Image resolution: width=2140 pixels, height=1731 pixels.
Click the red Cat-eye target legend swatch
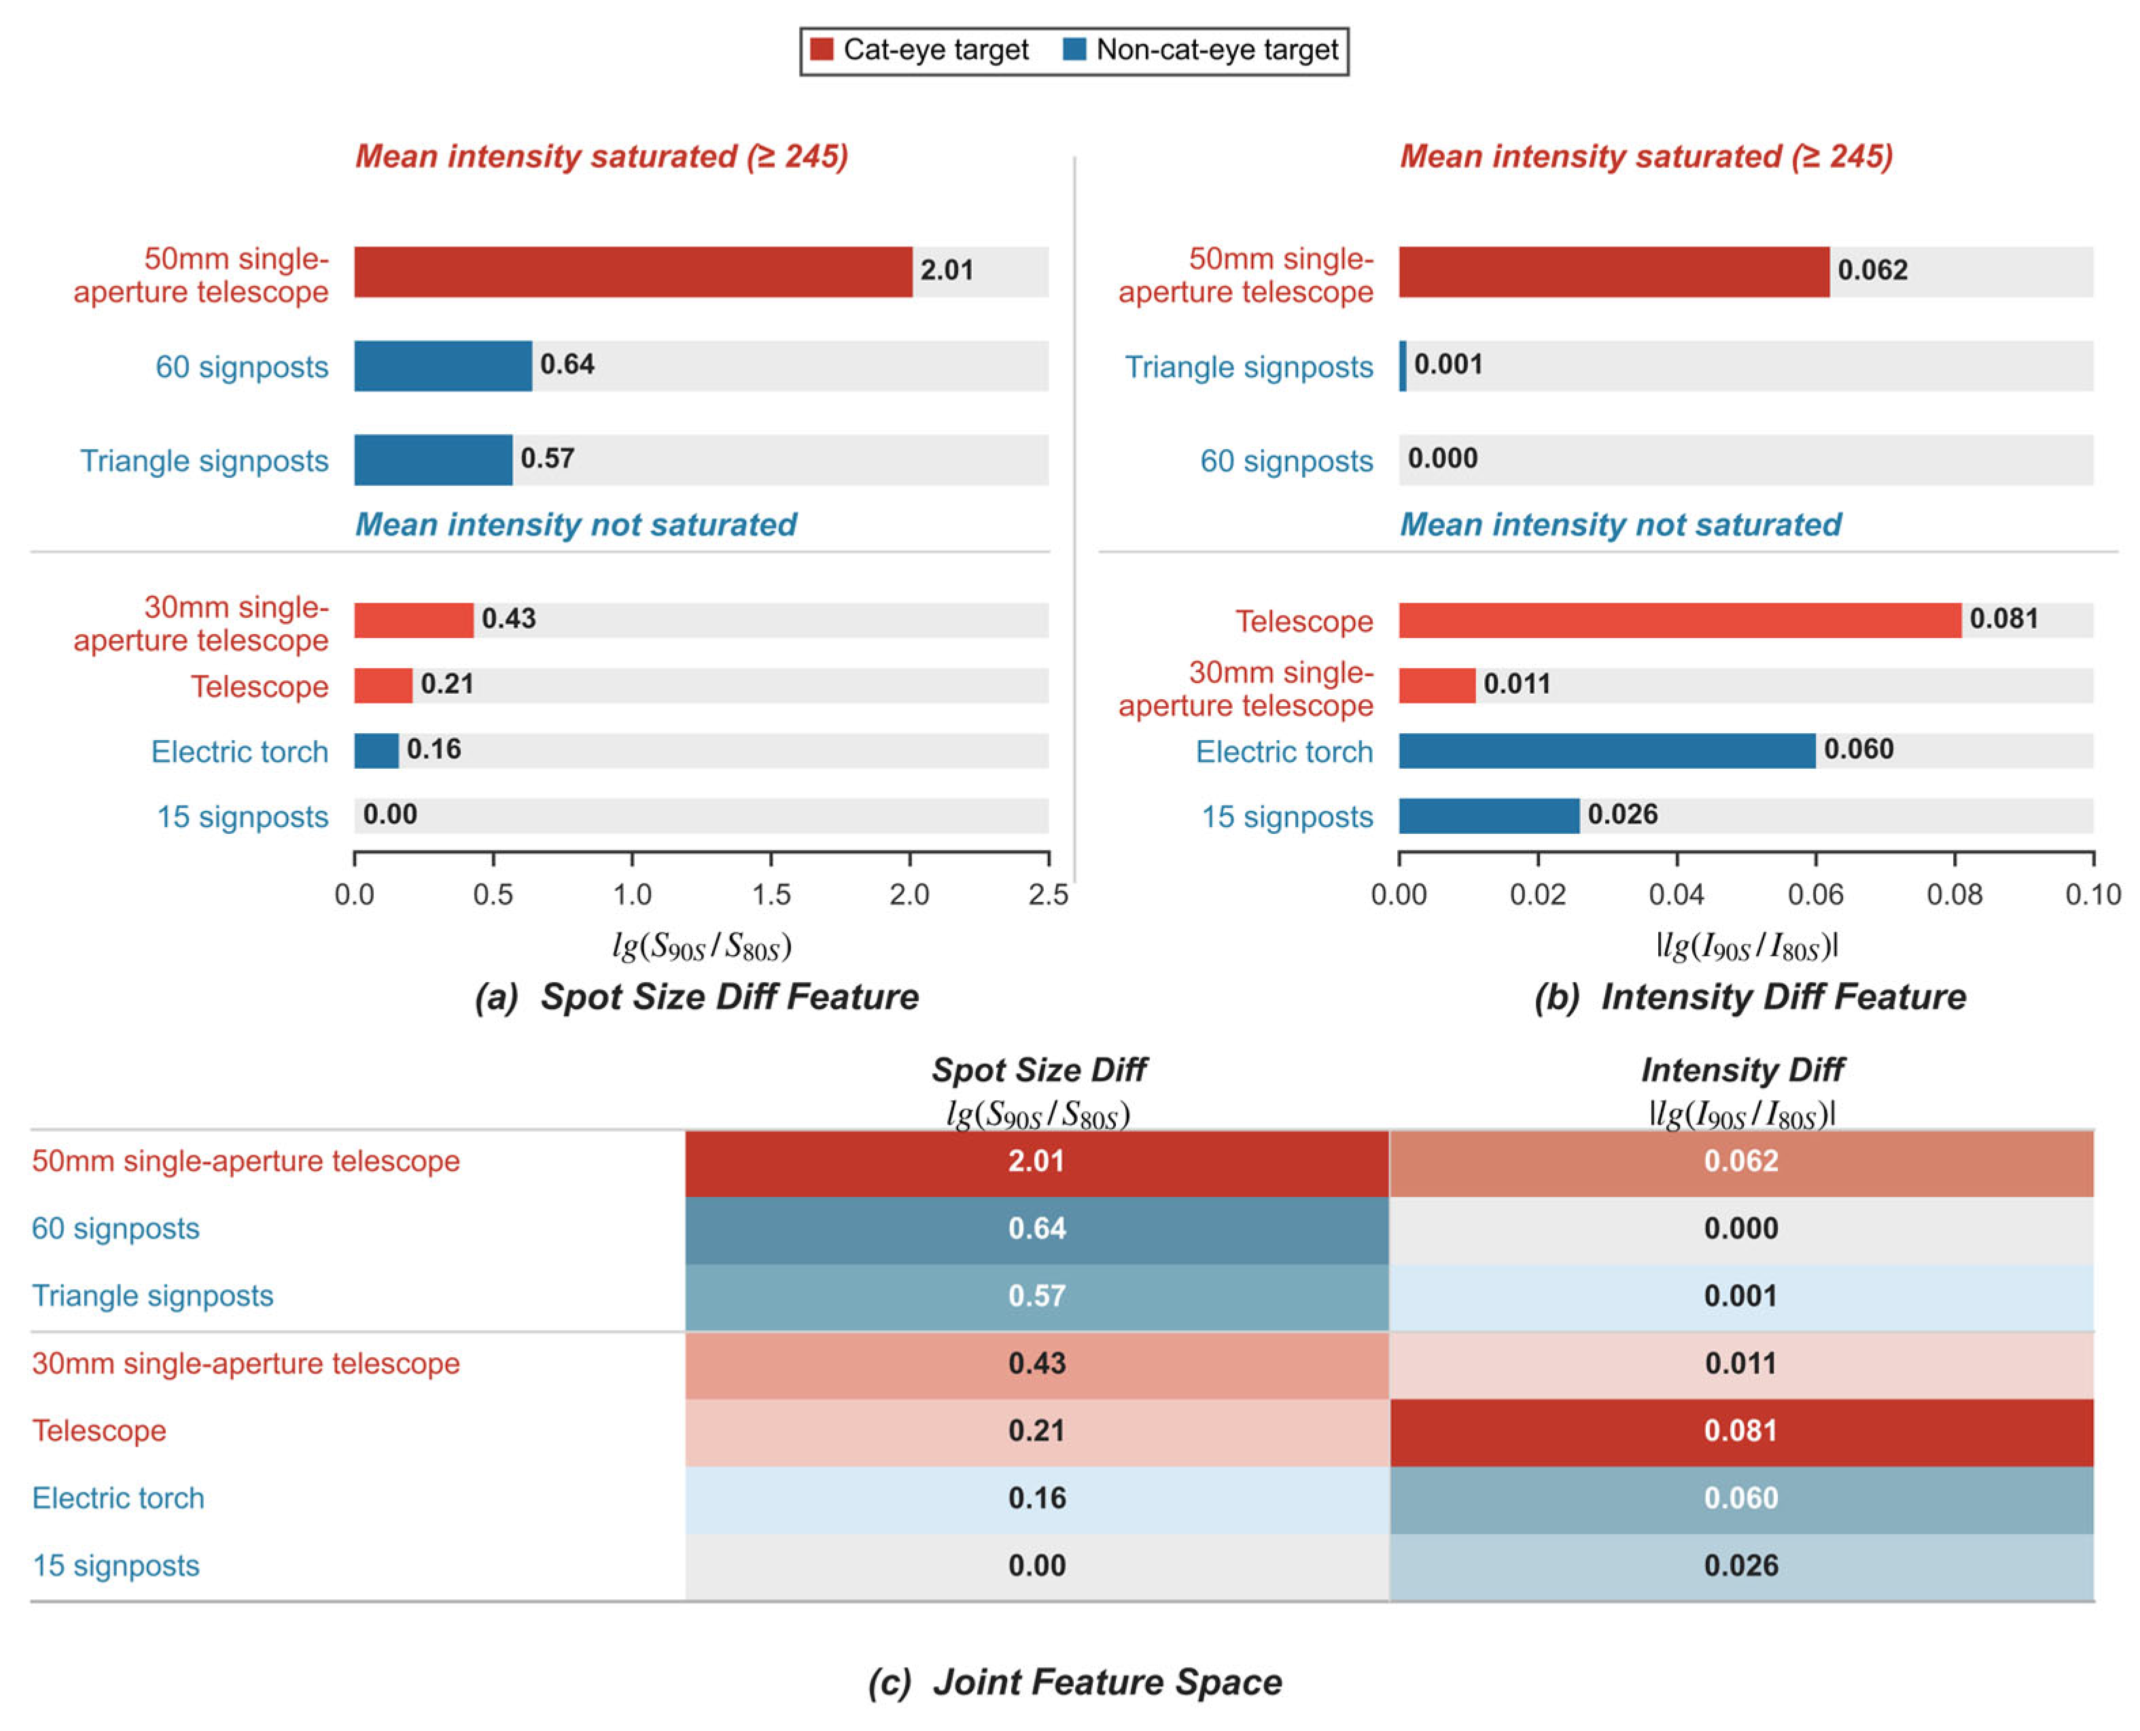click(x=822, y=49)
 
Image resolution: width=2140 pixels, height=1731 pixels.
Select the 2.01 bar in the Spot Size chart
click(x=633, y=273)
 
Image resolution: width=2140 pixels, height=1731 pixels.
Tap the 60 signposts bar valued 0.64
click(x=443, y=366)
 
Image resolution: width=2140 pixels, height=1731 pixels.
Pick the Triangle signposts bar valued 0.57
click(x=433, y=459)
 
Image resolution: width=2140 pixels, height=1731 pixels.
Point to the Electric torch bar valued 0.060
click(x=1607, y=751)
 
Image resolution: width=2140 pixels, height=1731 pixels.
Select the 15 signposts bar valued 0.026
click(x=1489, y=816)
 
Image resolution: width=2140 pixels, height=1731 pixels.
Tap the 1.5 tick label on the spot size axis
click(x=771, y=894)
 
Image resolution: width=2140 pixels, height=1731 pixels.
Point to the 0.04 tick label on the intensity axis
click(x=1677, y=894)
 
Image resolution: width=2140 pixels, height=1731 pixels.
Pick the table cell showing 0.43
click(x=1037, y=1364)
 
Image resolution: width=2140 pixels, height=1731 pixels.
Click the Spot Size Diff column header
click(x=1039, y=1070)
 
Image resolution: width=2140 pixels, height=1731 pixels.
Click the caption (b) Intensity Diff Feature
click(x=1749, y=997)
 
